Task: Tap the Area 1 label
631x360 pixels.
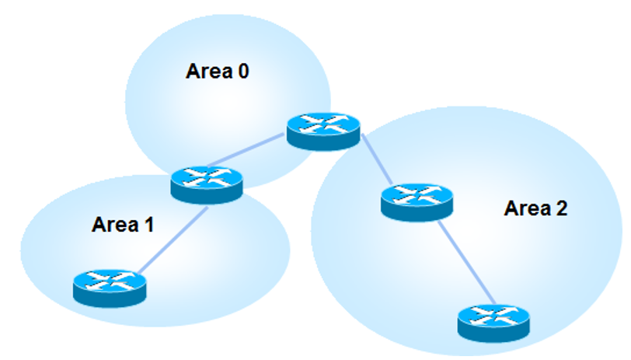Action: pyautogui.click(x=123, y=225)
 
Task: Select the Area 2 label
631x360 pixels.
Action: pyautogui.click(x=535, y=208)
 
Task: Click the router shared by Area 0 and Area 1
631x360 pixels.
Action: pyautogui.click(x=206, y=183)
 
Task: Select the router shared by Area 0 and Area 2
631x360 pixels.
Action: pyautogui.click(x=323, y=129)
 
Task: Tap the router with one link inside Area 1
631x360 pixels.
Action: pyautogui.click(x=110, y=287)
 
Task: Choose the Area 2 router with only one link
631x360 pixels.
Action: pyautogui.click(x=494, y=320)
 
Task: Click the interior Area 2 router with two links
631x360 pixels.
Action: pyautogui.click(x=417, y=201)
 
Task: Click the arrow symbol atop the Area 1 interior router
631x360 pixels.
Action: pyautogui.click(x=110, y=281)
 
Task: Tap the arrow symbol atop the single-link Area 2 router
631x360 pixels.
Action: pyautogui.click(x=494, y=315)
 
